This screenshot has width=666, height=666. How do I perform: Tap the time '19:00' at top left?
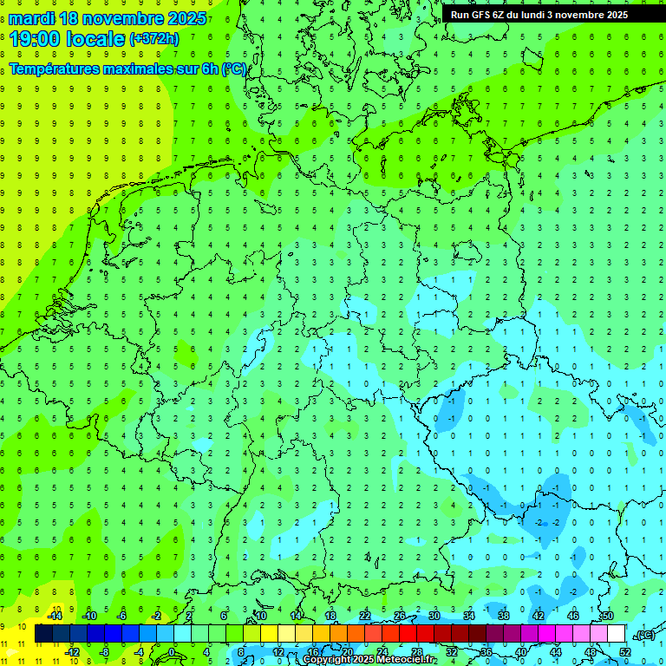(x=38, y=38)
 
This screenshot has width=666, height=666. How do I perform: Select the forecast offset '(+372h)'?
(x=154, y=39)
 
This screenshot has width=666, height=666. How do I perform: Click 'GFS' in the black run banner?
(x=481, y=15)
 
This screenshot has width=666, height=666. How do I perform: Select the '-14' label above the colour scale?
(x=54, y=616)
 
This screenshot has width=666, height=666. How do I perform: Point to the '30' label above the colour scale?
(x=434, y=616)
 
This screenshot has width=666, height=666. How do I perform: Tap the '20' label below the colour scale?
(x=347, y=652)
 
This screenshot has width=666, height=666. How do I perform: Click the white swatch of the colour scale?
(x=616, y=634)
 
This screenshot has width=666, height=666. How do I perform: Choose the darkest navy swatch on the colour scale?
(x=43, y=634)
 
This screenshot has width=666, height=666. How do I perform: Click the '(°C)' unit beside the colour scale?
(x=643, y=635)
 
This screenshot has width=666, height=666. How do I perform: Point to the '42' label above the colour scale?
(x=538, y=616)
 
